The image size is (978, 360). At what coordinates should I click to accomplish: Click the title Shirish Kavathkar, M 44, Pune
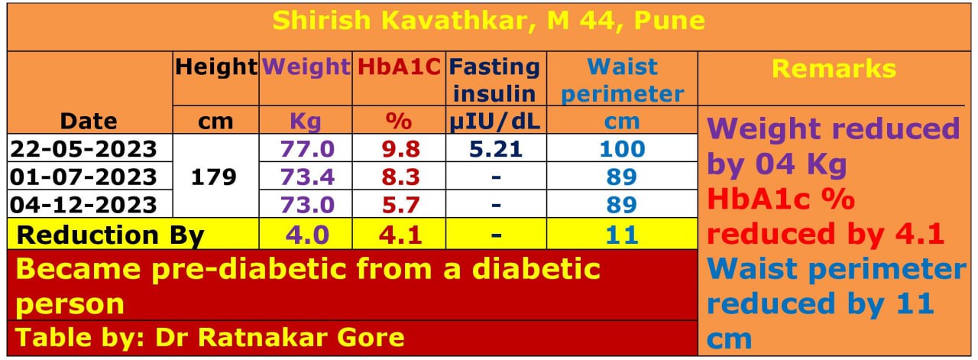[488, 21]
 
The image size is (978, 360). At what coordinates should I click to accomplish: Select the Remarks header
[834, 68]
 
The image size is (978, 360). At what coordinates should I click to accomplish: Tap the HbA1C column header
[399, 67]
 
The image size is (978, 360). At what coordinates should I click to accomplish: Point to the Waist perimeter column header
[622, 79]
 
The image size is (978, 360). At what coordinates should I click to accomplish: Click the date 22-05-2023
[83, 148]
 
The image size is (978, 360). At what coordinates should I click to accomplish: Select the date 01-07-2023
[83, 177]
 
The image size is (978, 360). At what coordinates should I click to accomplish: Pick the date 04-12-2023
[83, 205]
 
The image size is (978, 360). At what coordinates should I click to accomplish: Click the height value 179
[215, 177]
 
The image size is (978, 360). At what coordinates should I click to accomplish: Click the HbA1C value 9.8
[399, 148]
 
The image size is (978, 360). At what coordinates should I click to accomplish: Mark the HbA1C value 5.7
[399, 205]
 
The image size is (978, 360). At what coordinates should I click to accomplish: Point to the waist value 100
[622, 148]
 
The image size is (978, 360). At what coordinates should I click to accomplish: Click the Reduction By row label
[110, 234]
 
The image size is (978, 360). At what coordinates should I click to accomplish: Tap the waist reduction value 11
[622, 234]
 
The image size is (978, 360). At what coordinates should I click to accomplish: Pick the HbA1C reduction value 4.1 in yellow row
[399, 234]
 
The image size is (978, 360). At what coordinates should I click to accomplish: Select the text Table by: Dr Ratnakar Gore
[210, 337]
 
